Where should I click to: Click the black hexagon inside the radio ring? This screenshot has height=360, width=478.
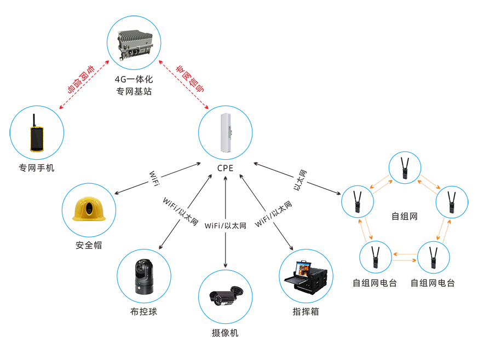[x=406, y=217]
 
